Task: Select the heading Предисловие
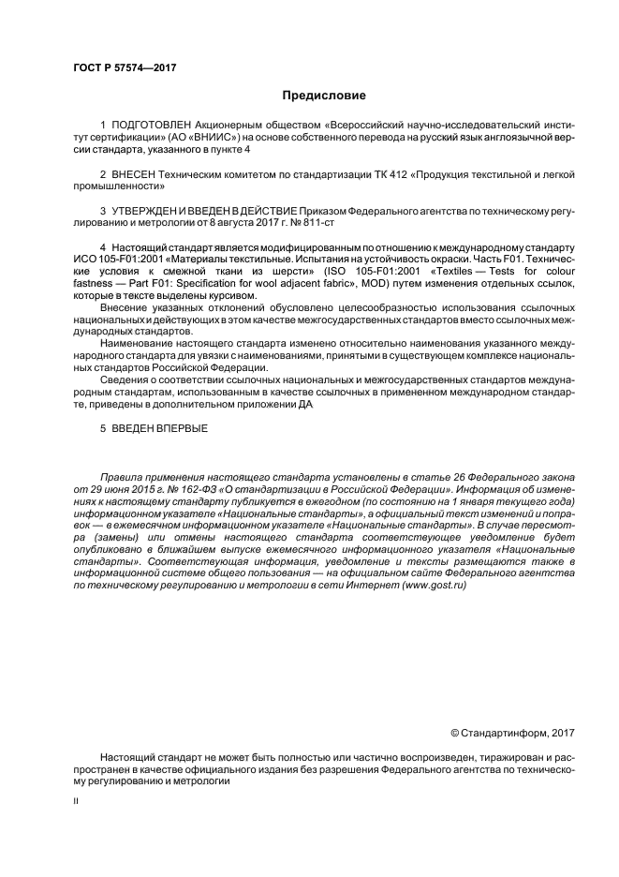(323, 96)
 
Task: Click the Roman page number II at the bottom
(78, 802)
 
